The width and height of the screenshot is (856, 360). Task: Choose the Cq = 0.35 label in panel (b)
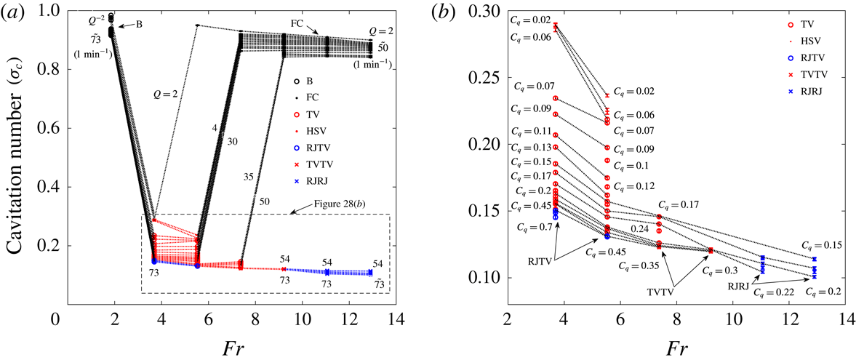coord(636,266)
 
